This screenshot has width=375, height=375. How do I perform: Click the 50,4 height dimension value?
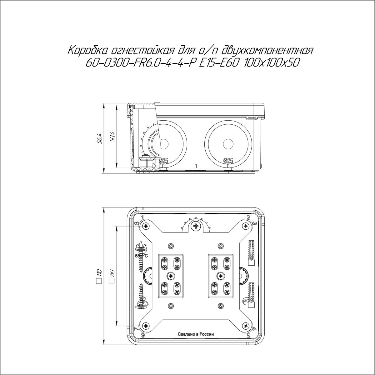pos(112,137)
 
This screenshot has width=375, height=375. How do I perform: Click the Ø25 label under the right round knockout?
pos(228,161)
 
